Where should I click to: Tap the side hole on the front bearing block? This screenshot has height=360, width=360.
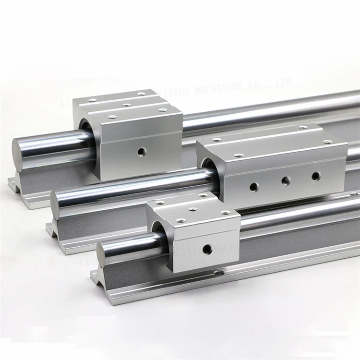click(x=207, y=249)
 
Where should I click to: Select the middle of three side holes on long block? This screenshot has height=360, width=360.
click(x=286, y=180)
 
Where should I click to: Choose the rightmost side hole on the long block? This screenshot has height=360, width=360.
click(x=316, y=176)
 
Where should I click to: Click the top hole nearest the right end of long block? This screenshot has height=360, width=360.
click(x=328, y=142)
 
